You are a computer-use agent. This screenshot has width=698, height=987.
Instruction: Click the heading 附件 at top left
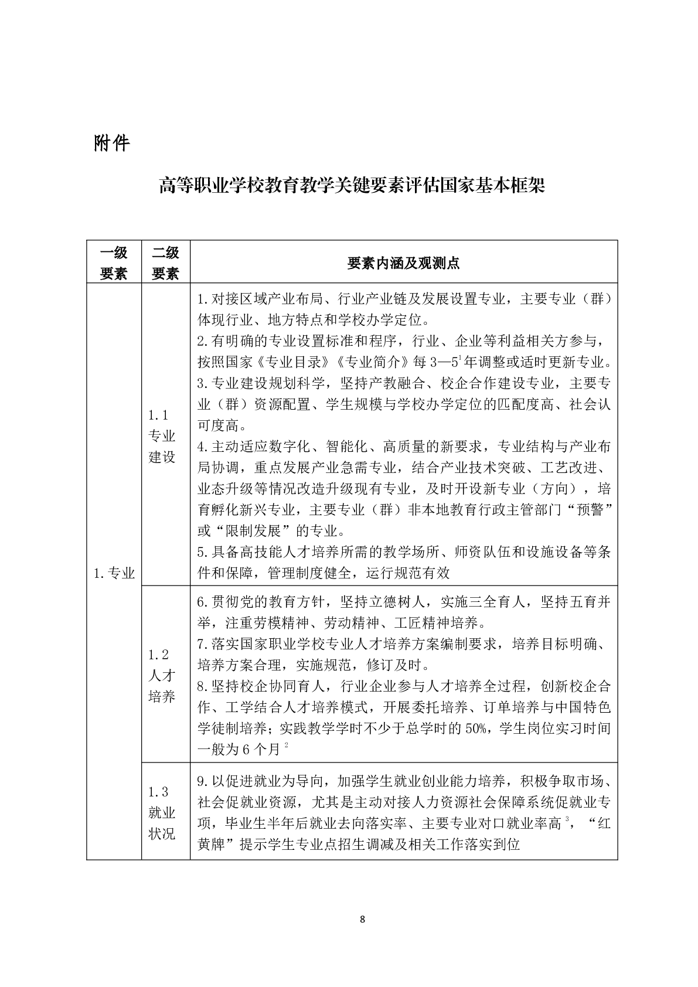coord(111,143)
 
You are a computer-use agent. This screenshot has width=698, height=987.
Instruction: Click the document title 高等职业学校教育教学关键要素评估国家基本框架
coord(352,186)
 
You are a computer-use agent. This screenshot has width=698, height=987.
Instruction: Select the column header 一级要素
coord(114,263)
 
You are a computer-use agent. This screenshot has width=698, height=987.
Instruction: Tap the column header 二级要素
coord(165,263)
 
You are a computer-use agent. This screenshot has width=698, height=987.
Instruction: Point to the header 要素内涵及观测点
coord(403,263)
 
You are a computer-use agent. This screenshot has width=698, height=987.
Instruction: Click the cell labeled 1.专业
coord(114,573)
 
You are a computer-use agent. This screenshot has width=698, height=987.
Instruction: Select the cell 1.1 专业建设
coord(162,435)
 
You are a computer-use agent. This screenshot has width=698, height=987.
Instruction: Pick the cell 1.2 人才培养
coord(162,675)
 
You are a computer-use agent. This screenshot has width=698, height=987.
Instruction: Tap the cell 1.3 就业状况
coord(162,812)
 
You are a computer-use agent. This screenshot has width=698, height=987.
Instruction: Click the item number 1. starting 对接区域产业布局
coord(203,299)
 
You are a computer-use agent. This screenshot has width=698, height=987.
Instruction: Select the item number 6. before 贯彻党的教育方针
coord(203,602)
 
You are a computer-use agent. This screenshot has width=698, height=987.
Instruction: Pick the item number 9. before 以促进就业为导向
coord(203,781)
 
